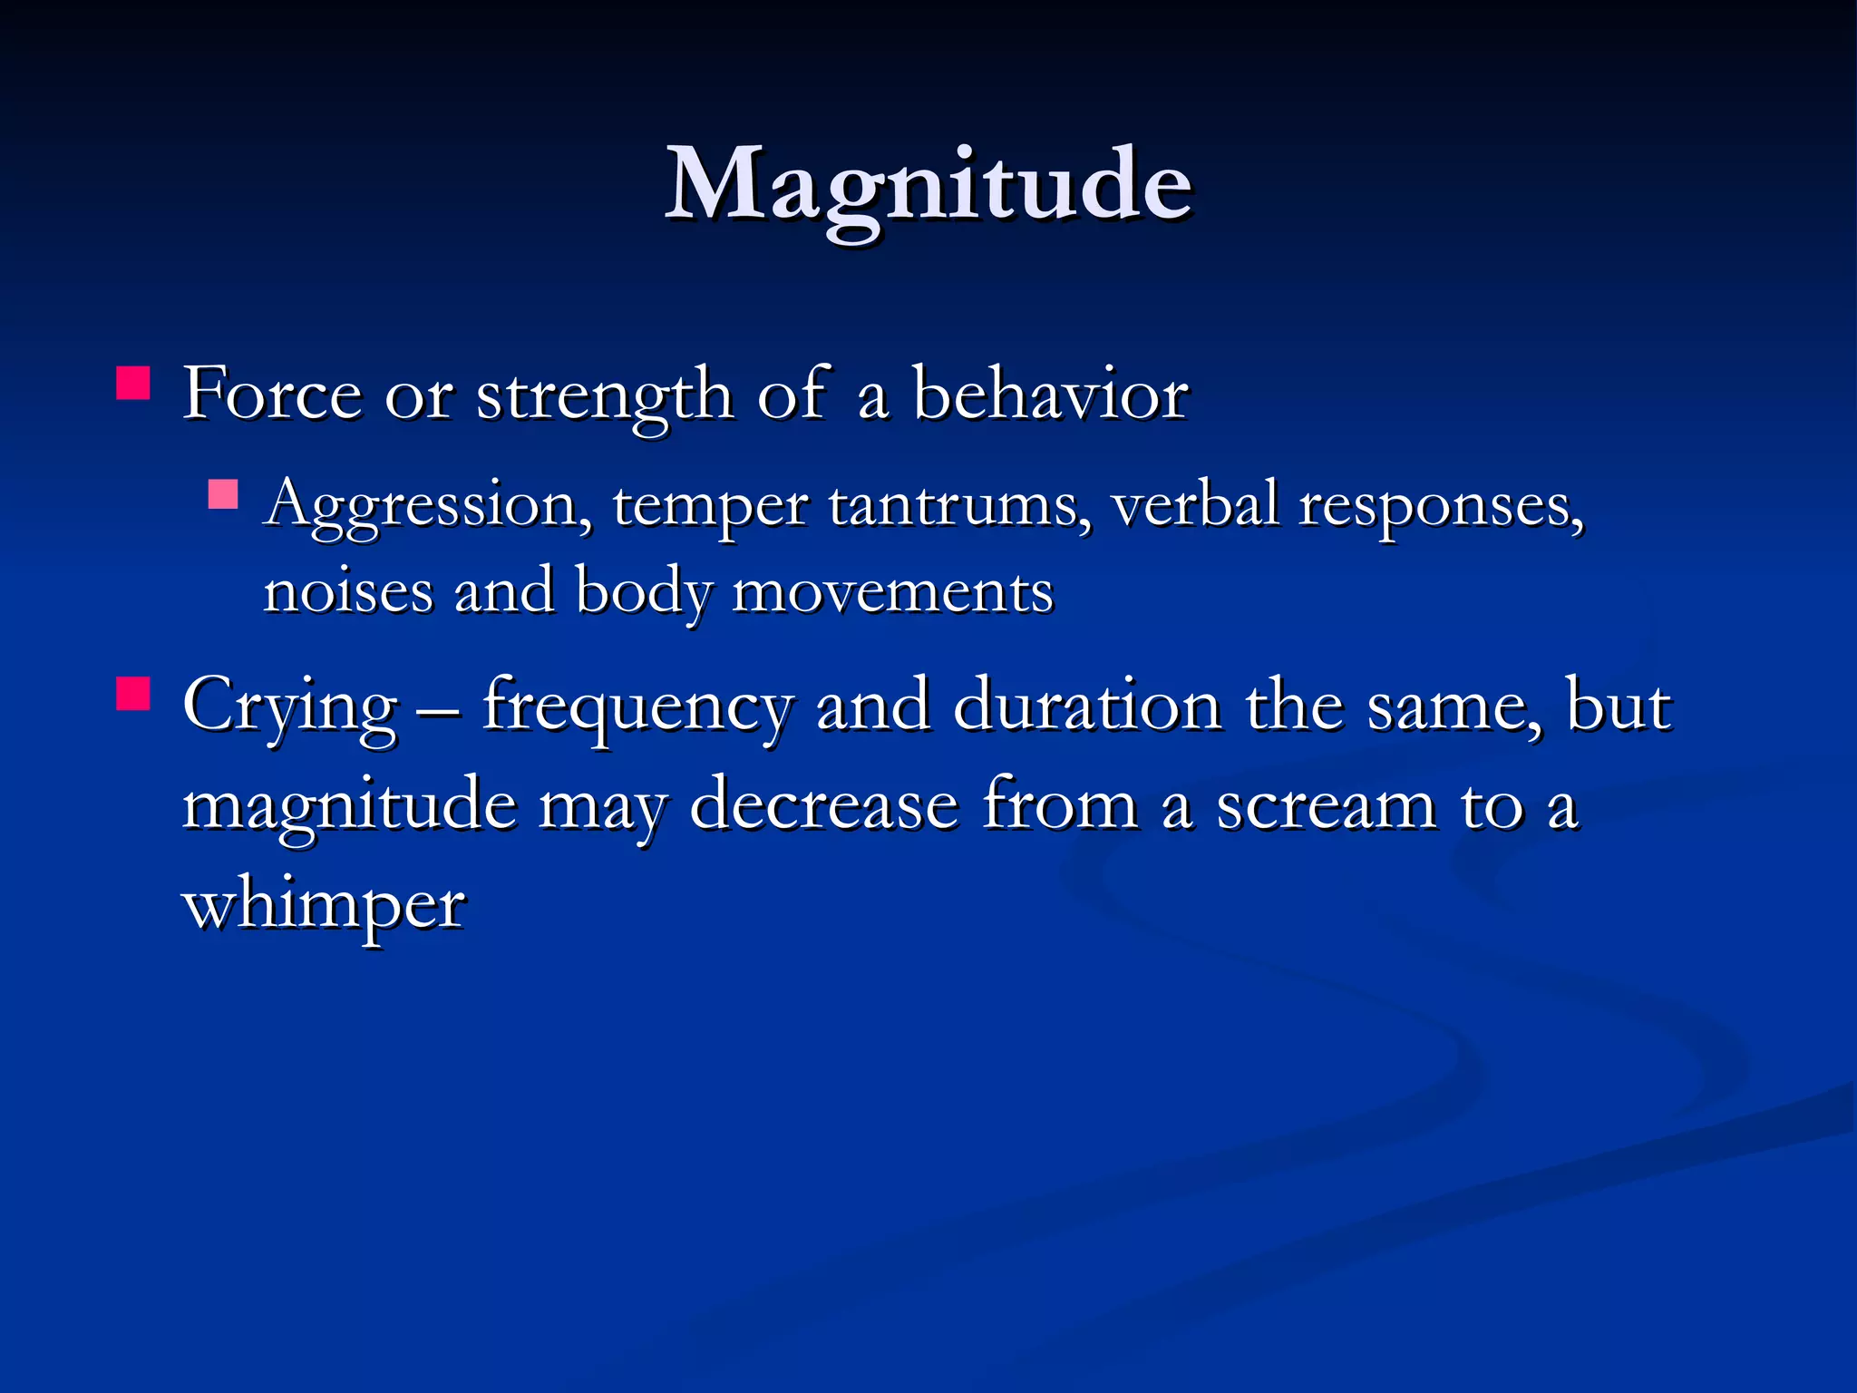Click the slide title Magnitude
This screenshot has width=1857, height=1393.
coord(928,186)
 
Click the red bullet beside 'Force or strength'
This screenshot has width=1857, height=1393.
coord(133,384)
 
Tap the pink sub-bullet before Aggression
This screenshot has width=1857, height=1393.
coord(222,494)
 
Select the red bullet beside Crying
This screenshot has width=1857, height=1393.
coord(133,695)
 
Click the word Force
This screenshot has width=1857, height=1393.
coord(272,395)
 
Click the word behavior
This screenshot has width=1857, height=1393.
coord(1050,395)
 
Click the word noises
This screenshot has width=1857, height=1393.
coord(348,591)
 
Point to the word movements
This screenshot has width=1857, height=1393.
coord(892,592)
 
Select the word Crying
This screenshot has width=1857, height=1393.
coord(290,707)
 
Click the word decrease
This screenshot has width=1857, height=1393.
coord(823,804)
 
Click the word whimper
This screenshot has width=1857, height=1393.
coord(325,905)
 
